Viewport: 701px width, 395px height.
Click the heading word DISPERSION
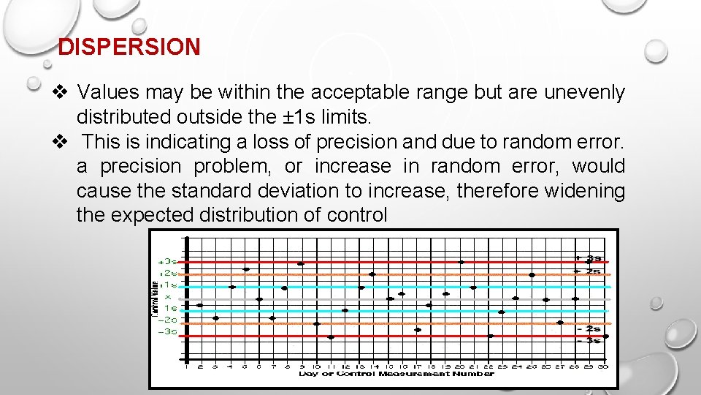129,48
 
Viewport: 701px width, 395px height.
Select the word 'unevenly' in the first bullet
586,93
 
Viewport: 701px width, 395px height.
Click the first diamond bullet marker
61,93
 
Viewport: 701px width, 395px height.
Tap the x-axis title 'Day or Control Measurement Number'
396,374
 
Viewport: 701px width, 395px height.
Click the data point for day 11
331,337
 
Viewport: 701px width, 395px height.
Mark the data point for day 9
301,263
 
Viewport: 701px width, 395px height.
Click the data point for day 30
605,336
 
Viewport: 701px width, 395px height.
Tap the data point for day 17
418,330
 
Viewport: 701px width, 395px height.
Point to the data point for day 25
532,275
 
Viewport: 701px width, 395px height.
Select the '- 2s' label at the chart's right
589,329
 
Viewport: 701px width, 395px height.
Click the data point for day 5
246,269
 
